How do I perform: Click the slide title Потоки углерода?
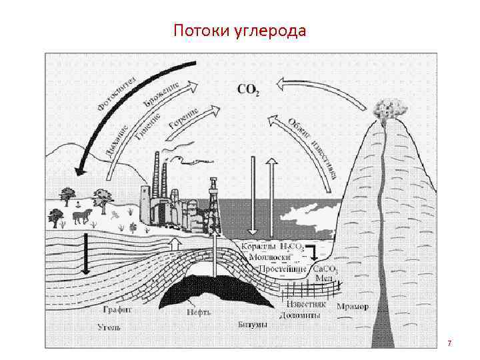click(x=239, y=31)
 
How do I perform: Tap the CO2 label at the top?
click(x=248, y=89)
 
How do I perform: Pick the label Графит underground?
click(x=117, y=309)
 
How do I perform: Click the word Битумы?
click(x=253, y=325)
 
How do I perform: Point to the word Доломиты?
click(x=300, y=315)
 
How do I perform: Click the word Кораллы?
click(x=255, y=246)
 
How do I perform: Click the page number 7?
click(x=449, y=343)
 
